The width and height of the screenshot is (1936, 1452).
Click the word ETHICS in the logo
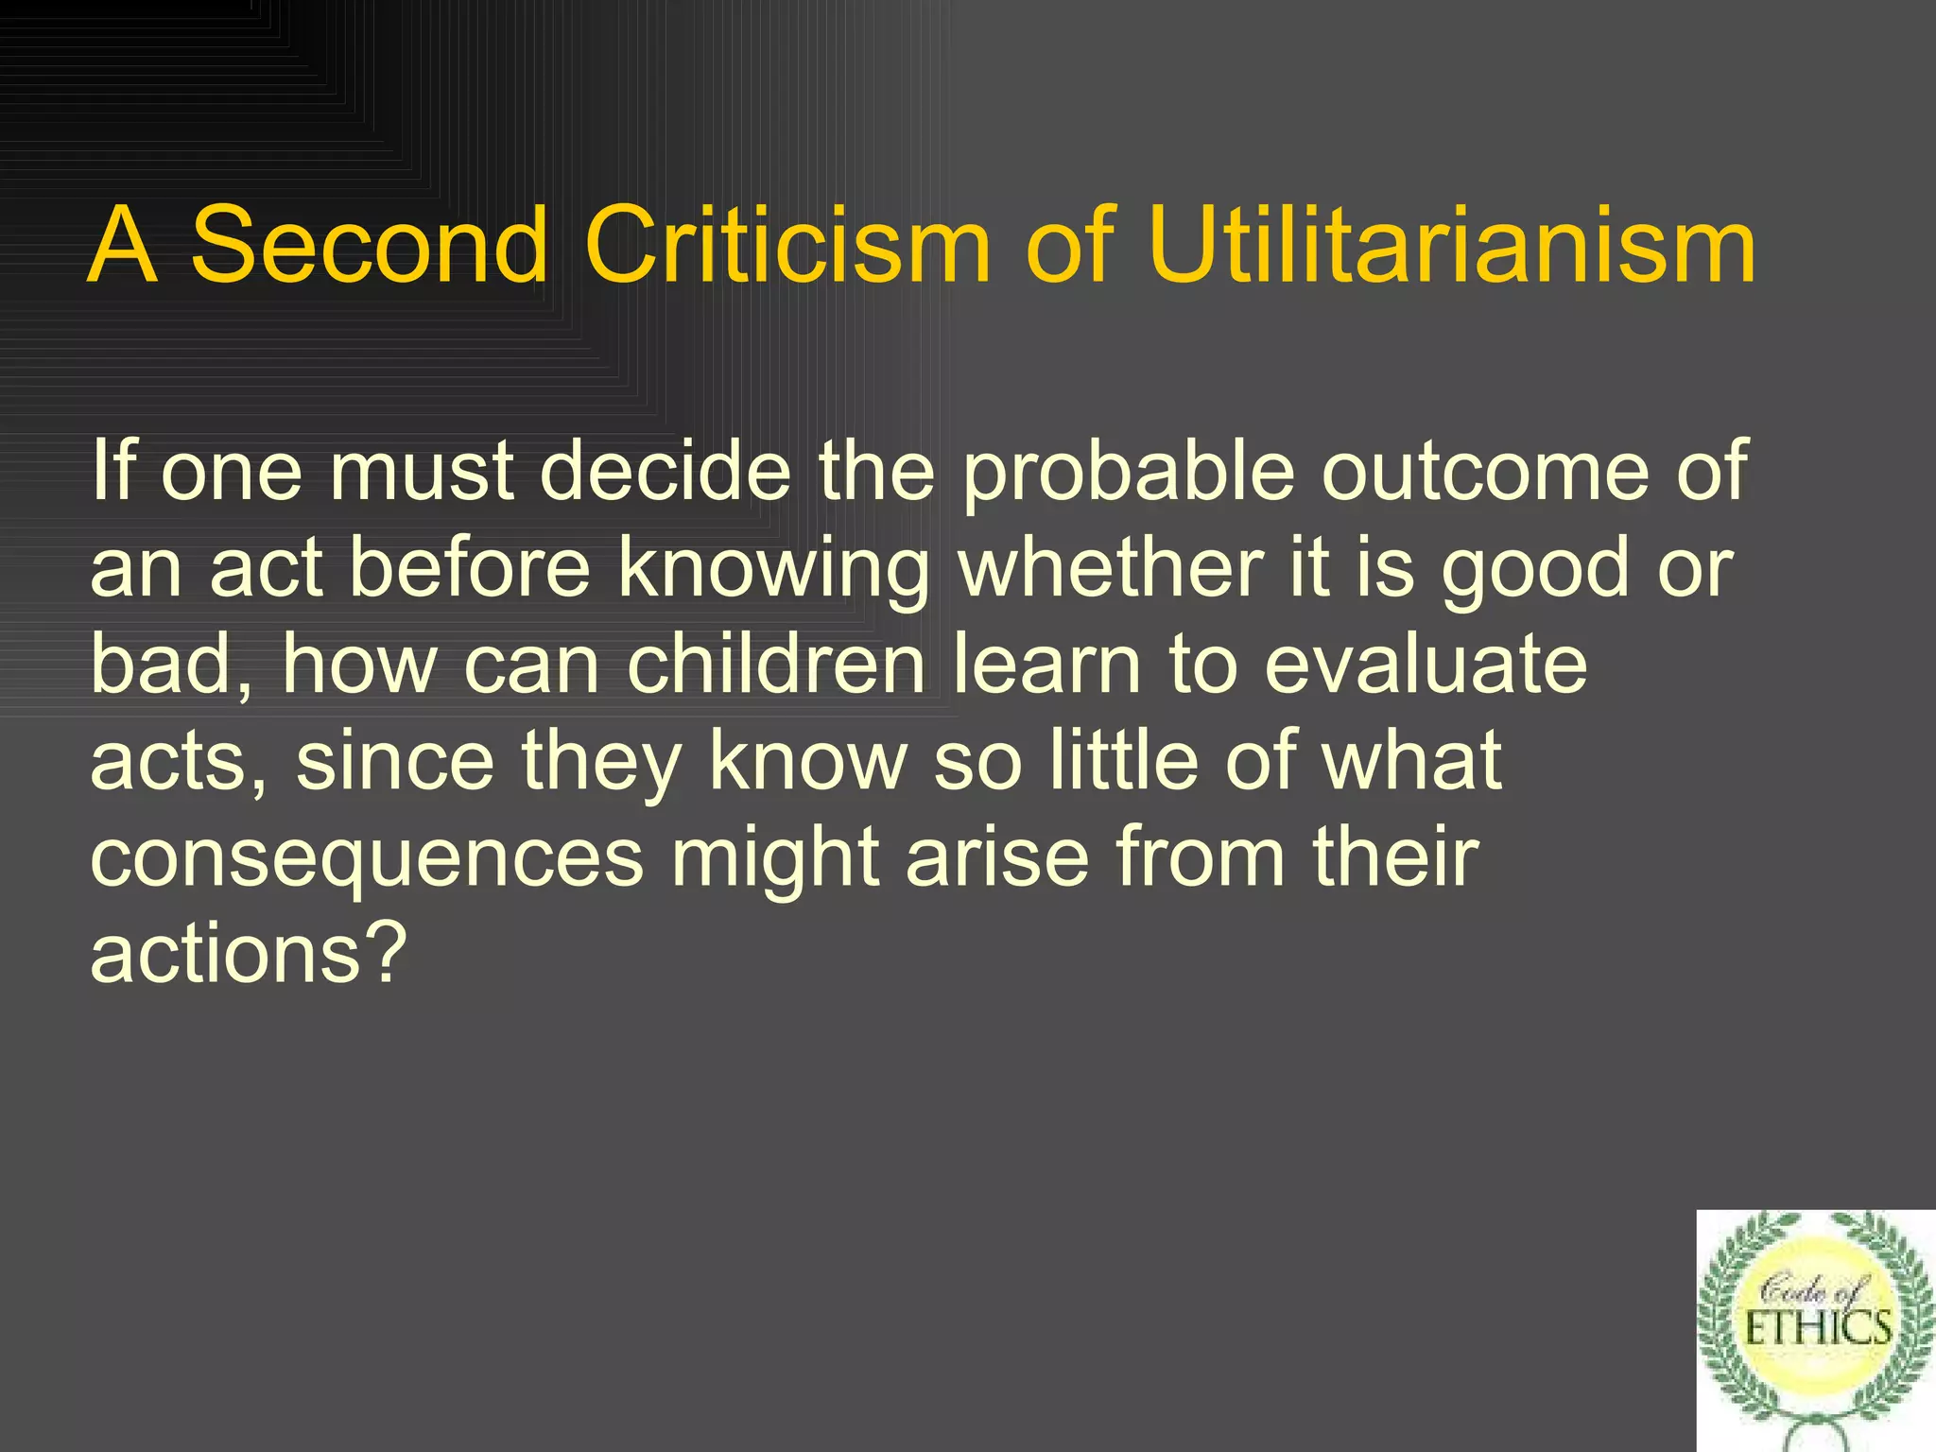(1817, 1329)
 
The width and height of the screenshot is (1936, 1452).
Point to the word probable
(1128, 473)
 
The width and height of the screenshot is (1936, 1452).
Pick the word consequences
(367, 858)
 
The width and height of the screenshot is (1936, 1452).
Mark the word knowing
(774, 571)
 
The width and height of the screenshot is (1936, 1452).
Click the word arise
(998, 856)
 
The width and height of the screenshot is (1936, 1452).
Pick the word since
(395, 760)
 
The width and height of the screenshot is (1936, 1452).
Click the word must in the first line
(421, 473)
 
